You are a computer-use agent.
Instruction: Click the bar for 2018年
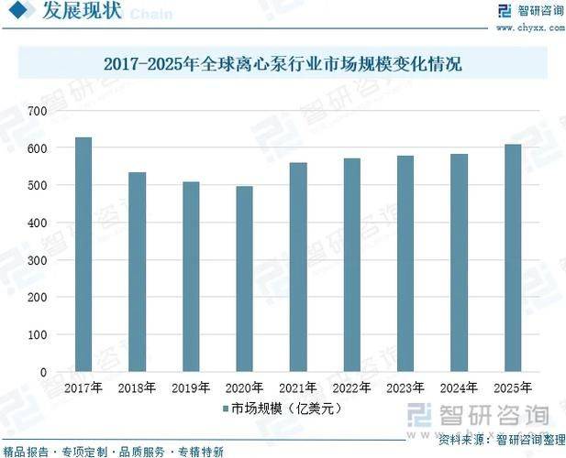[x=137, y=272]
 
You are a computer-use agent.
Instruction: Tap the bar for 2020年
[x=244, y=279]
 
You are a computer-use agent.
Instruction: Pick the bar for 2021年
[x=297, y=267]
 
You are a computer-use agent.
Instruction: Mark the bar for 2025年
[x=512, y=258]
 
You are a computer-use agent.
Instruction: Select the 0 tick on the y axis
[x=42, y=373]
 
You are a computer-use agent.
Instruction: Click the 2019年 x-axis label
[x=190, y=387]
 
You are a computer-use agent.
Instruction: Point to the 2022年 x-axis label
[x=351, y=387]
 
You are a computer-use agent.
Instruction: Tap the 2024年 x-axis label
[x=459, y=387]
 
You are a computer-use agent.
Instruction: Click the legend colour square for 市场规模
[x=225, y=409]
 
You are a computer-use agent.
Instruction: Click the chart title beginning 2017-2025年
[x=283, y=64]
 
